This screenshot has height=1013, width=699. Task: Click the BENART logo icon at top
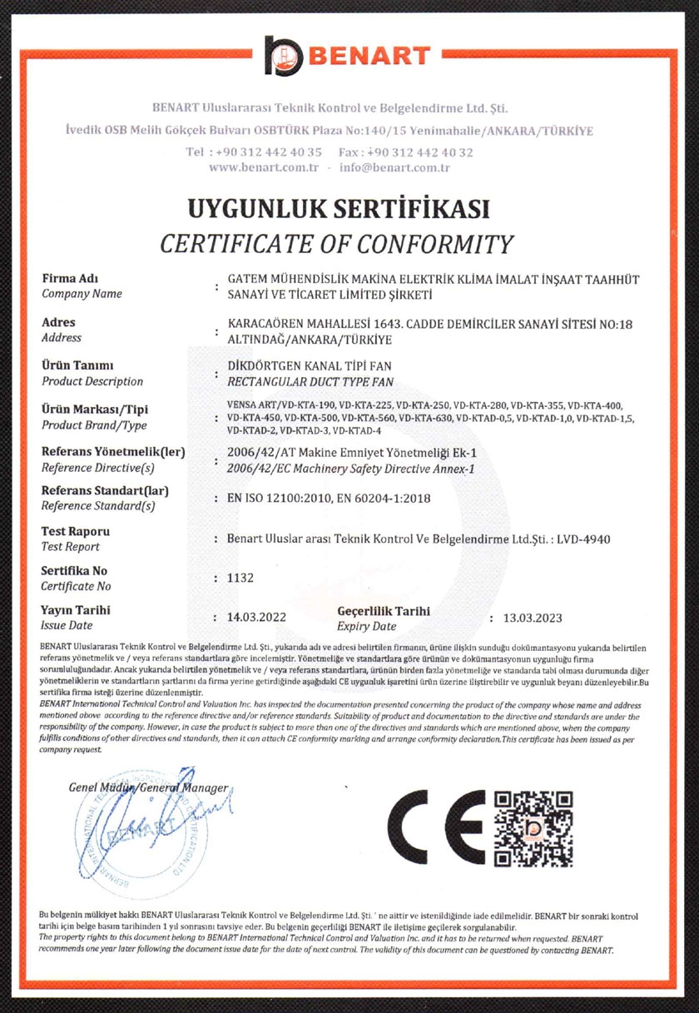click(x=286, y=55)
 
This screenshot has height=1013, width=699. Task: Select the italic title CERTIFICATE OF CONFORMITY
click(x=337, y=244)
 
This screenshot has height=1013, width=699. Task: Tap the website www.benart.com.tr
click(x=265, y=167)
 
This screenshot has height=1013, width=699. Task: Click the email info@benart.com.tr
click(x=394, y=167)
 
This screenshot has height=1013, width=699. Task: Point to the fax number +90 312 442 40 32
click(x=426, y=152)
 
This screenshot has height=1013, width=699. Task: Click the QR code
click(x=533, y=828)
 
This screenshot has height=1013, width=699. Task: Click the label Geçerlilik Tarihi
click(x=384, y=610)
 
